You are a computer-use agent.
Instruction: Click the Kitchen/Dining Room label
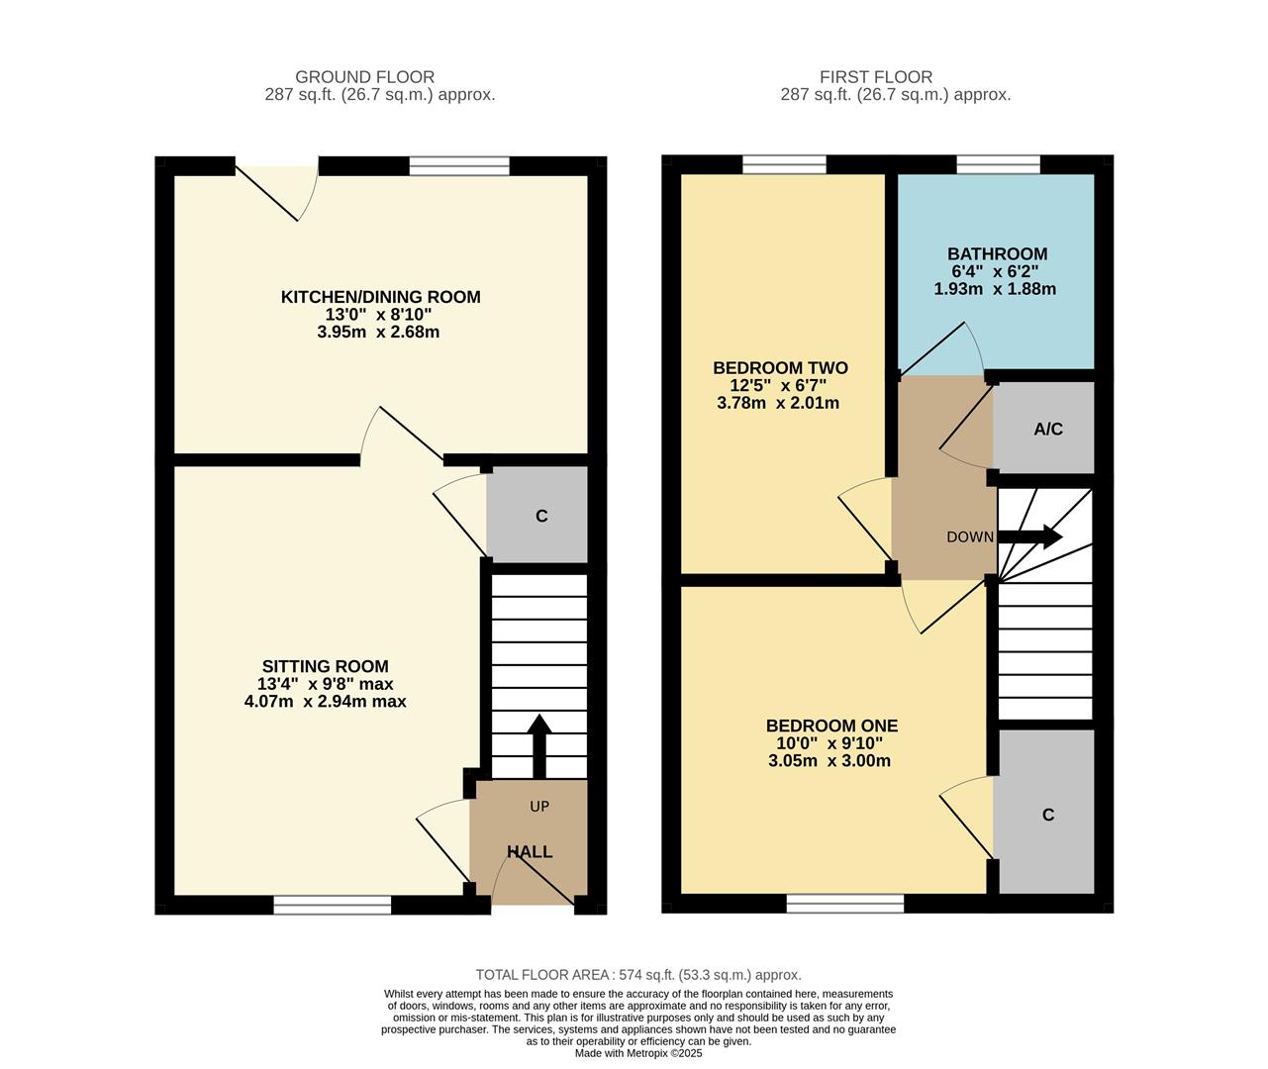380,297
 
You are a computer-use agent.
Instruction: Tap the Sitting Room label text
325,667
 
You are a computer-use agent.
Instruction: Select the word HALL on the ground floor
530,852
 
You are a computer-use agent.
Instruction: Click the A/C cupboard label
1047,430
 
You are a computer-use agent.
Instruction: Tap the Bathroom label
996,254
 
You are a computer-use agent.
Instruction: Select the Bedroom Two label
780,368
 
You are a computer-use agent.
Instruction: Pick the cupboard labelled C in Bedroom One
1047,815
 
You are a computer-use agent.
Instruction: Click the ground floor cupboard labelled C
540,516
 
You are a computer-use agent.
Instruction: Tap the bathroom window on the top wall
998,165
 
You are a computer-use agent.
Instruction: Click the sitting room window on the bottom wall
333,904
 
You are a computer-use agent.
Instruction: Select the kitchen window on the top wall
459,165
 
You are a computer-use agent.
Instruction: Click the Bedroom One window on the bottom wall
844,904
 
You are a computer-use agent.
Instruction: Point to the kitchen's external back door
276,183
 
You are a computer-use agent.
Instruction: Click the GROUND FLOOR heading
364,77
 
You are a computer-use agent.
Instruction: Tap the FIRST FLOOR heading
875,77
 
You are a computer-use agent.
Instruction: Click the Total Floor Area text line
638,975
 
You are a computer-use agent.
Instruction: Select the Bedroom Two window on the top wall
784,165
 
